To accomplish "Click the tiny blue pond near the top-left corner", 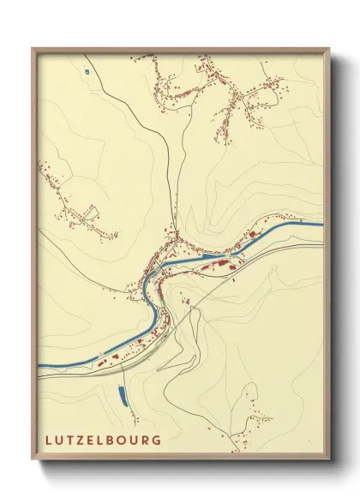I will (x=87, y=69).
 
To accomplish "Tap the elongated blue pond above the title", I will (x=120, y=395).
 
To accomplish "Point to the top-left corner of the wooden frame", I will (x=33, y=48).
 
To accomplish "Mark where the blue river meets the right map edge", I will (x=321, y=225).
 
